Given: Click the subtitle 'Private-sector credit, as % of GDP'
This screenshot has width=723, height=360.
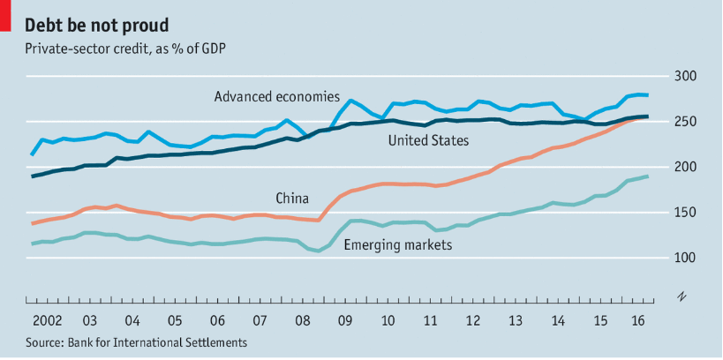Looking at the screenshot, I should pyautogui.click(x=124, y=48).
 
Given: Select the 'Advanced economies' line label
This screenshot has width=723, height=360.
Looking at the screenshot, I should pyautogui.click(x=276, y=96).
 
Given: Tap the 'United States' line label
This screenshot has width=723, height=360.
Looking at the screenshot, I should pyautogui.click(x=428, y=140).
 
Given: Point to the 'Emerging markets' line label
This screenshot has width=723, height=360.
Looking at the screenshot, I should pyautogui.click(x=397, y=244).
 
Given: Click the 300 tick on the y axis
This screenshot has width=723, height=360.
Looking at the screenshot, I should pyautogui.click(x=687, y=77).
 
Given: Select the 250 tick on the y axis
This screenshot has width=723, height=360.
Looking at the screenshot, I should pyautogui.click(x=687, y=122).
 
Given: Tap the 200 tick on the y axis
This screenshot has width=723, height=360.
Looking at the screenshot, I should pyautogui.click(x=687, y=167).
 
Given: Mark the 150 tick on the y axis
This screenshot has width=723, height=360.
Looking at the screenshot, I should pyautogui.click(x=687, y=213).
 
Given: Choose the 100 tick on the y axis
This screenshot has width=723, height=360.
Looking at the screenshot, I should pyautogui.click(x=687, y=258).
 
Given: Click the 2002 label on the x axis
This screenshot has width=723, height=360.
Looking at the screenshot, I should pyautogui.click(x=46, y=319).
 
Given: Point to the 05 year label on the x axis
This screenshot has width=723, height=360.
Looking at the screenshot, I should pyautogui.click(x=174, y=319).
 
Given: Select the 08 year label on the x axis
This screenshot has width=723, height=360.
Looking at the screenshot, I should pyautogui.click(x=302, y=319).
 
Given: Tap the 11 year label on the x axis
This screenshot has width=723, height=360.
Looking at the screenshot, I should pyautogui.click(x=429, y=319).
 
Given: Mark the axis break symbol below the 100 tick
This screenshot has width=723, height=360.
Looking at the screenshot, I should pyautogui.click(x=682, y=295).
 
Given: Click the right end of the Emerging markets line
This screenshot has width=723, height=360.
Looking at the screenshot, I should pyautogui.click(x=647, y=176).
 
